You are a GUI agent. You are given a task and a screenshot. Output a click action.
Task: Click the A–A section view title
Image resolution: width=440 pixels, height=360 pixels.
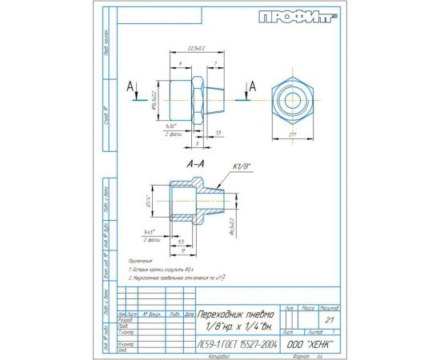(193, 162)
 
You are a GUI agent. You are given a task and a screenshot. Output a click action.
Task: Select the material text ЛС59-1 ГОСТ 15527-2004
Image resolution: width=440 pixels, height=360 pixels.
(237, 342)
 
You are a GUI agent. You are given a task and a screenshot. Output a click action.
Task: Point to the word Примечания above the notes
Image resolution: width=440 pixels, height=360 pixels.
(142, 260)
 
